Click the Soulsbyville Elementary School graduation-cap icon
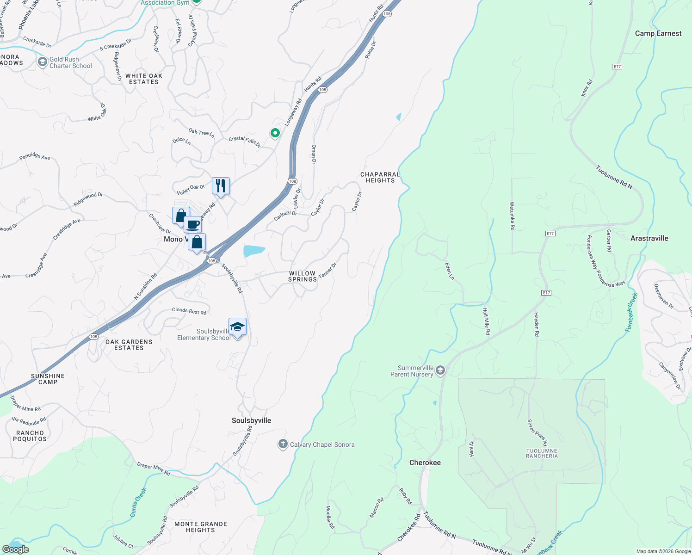pyautogui.click(x=237, y=327)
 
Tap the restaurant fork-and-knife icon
pyautogui.click(x=221, y=186)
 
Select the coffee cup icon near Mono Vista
pyautogui.click(x=193, y=225)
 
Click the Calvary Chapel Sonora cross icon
pyautogui.click(x=283, y=444)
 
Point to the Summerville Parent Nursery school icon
pyautogui.click(x=440, y=370)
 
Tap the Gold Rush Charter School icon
pyautogui.click(x=43, y=62)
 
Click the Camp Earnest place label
pyautogui.click(x=658, y=33)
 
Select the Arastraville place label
pyautogui.click(x=649, y=238)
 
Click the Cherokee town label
pyautogui.click(x=425, y=462)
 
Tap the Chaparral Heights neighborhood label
pyautogui.click(x=380, y=178)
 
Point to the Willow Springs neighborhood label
pyautogui.click(x=303, y=277)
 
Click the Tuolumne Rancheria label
pyautogui.click(x=542, y=453)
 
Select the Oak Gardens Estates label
pyautogui.click(x=129, y=345)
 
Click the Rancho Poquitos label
pyautogui.click(x=30, y=436)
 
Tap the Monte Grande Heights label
pyautogui.click(x=200, y=527)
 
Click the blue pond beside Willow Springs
pyautogui.click(x=253, y=251)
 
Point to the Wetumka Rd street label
pyautogui.click(x=512, y=216)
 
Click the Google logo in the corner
pyautogui.click(x=15, y=549)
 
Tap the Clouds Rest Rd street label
pyautogui.click(x=189, y=311)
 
